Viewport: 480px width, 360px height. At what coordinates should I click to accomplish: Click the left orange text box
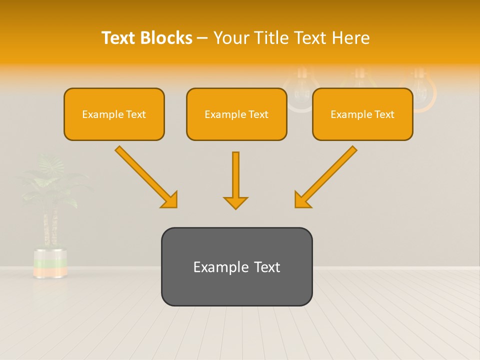point(114,114)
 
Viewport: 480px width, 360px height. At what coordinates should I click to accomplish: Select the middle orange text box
point(236,114)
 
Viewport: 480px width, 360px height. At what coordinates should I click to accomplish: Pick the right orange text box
point(362,114)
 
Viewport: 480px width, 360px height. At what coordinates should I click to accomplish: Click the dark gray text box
point(236,266)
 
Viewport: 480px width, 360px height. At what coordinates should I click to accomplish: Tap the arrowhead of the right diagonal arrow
point(302,200)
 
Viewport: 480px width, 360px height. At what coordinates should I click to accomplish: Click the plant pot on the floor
point(50,262)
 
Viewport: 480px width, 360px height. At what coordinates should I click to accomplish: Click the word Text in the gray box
point(266,267)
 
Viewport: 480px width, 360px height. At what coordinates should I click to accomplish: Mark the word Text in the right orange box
point(384,114)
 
